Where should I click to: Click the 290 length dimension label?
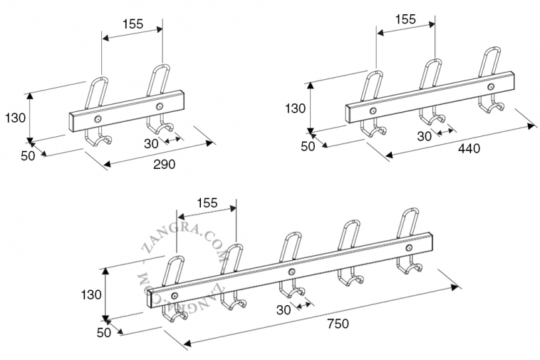coord(165,163)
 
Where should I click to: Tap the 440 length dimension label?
coord(469,148)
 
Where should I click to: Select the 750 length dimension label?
coord(338,323)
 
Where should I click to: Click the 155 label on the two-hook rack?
coord(133,24)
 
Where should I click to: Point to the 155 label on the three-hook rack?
coord(405,19)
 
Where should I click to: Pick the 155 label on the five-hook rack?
coord(207,202)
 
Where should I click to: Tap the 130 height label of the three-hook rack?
coord(295,108)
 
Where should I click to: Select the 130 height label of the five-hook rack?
coord(91,294)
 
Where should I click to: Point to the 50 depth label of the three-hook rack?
coord(307,146)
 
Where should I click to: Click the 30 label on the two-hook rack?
coord(151,143)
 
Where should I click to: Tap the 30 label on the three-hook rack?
coord(425,136)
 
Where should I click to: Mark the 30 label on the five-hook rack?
coord(284,309)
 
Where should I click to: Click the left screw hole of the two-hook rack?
coord(98,119)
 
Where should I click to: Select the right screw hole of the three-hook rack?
coord(492,86)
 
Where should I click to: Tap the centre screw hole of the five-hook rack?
coord(291,272)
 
